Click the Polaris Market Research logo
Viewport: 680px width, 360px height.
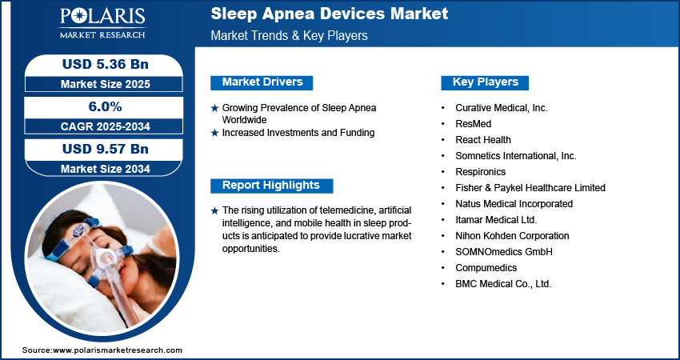coord(102,22)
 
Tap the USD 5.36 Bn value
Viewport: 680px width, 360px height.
coord(106,64)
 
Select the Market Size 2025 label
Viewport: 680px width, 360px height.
coord(106,84)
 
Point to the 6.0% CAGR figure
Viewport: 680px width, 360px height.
coord(106,106)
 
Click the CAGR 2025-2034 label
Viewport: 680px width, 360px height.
coord(106,126)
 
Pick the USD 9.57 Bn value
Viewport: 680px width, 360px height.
coord(106,149)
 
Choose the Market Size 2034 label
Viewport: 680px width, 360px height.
coord(106,169)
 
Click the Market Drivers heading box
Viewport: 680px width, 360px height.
coord(262,82)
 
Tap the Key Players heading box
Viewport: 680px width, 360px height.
coord(485,82)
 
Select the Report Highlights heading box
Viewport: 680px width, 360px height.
coord(271,186)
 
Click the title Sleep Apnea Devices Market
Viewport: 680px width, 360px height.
coord(329,14)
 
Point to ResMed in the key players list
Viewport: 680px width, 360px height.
coord(473,124)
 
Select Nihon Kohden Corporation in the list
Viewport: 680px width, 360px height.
coord(512,236)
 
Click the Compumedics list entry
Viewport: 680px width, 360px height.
coord(486,268)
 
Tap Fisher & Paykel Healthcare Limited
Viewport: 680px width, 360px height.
coord(530,188)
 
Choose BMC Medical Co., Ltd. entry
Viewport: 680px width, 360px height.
coord(503,284)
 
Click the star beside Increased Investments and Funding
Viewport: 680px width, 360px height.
coord(214,133)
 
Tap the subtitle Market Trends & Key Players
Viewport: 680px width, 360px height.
coord(289,35)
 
